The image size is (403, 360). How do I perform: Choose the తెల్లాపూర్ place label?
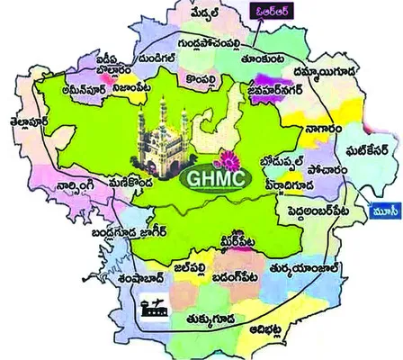click(x=28, y=119)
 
